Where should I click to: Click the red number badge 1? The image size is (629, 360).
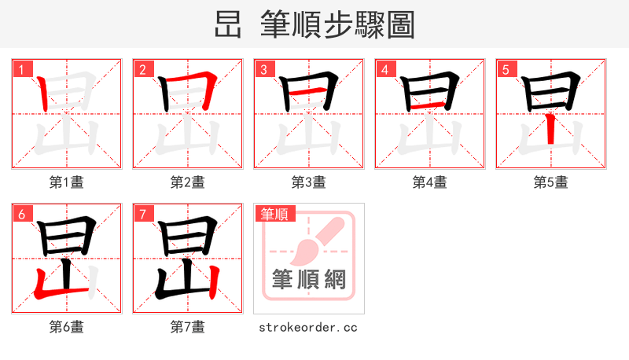[22, 68]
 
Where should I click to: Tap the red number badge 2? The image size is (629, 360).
[143, 68]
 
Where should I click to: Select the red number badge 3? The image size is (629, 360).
[264, 68]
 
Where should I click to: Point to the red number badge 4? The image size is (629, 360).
[385, 68]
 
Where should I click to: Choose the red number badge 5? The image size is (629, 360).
[506, 68]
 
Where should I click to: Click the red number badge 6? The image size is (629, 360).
[22, 213]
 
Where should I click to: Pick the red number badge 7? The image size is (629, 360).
[143, 213]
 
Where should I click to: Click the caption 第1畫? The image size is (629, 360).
[67, 182]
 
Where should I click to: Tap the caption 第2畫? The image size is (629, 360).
[188, 182]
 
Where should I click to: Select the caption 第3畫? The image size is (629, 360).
[309, 182]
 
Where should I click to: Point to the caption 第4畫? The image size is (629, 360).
[430, 182]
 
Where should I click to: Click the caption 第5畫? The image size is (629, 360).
[551, 182]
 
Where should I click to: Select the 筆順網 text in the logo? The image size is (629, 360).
[308, 279]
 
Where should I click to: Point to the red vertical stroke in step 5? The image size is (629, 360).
[552, 127]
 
